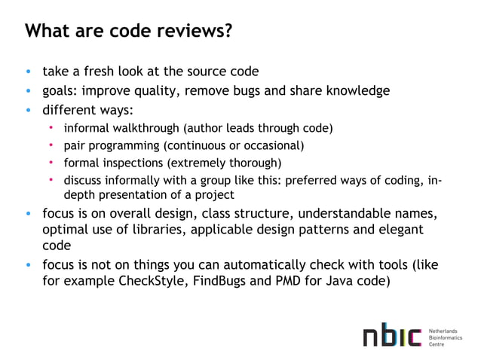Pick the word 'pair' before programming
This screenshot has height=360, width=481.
[x=74, y=145]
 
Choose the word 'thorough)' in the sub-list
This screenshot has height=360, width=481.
[x=256, y=163]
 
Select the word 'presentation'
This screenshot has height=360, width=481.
[x=127, y=194]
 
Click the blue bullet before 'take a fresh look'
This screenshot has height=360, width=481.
[x=29, y=73]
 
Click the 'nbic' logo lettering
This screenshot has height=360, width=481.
[x=391, y=337]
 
